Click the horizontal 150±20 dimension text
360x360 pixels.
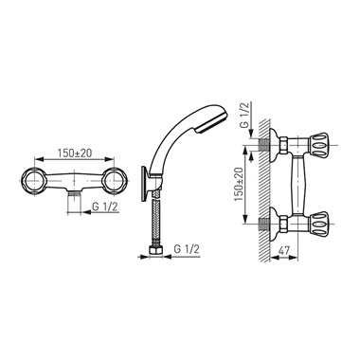pos(75,153)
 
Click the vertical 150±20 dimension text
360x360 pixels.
pos(239,184)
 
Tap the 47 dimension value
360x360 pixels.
pos(284,250)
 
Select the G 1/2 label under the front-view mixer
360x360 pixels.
pos(105,207)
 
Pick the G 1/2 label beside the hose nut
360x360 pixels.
pos(187,249)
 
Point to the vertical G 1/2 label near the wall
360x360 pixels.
pos(244,114)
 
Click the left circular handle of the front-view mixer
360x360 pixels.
pos(33,181)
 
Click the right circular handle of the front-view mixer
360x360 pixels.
pos(114,181)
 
